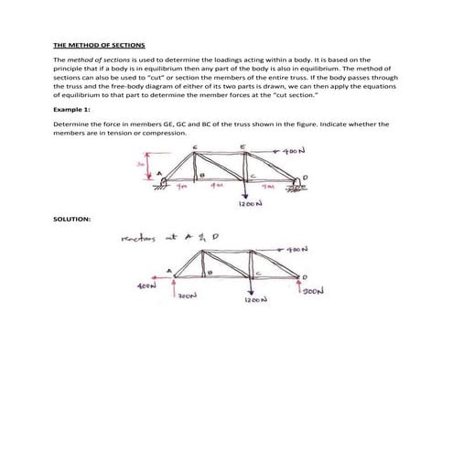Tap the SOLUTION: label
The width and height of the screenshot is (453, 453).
(71, 220)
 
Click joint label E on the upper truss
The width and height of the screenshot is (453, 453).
(242, 146)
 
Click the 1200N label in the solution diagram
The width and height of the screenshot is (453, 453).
(255, 299)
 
